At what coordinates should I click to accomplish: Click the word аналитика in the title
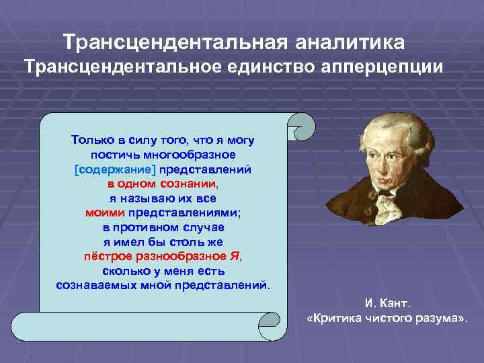[350, 42]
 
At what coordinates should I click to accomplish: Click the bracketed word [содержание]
[115, 170]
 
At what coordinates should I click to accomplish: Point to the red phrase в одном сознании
[162, 184]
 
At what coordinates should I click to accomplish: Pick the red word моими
[105, 213]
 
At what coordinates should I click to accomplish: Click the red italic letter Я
[235, 256]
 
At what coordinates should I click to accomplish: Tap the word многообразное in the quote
[190, 155]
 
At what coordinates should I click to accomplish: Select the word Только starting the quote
[93, 140]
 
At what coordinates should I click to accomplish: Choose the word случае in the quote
[204, 228]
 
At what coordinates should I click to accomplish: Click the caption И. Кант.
[388, 303]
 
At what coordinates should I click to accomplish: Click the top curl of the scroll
[301, 127]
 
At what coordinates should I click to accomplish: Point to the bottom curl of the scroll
[269, 325]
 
